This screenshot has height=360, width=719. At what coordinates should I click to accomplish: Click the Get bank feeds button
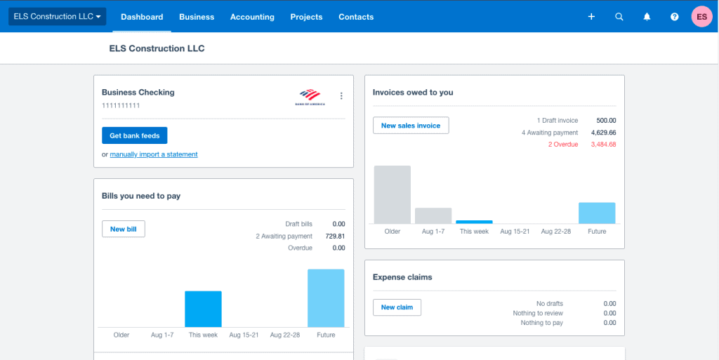pos(134,135)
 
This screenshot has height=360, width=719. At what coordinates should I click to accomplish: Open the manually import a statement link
pos(154,154)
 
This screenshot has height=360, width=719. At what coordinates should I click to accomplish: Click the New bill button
pos(123,229)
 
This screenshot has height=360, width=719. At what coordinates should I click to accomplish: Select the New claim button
pos(397,307)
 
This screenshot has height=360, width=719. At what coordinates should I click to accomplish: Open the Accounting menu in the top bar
pos(252,17)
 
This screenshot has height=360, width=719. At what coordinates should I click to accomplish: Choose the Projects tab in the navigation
pos(306,17)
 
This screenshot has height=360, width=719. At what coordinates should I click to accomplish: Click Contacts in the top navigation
pos(356,17)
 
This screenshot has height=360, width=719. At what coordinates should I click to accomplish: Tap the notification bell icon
pos(647,17)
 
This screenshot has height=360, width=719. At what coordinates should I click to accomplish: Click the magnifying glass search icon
pos(619,17)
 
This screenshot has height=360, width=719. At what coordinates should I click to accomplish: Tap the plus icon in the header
pos(591,17)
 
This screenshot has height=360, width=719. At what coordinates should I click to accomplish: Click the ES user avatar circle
pos(701,17)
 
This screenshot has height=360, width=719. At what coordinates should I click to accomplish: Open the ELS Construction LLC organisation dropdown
pos(57,16)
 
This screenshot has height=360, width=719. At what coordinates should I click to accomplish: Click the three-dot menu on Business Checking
pos(341,96)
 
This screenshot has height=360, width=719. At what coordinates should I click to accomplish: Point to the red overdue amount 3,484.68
pos(603,145)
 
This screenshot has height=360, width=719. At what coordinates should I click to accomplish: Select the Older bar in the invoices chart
pos(392,194)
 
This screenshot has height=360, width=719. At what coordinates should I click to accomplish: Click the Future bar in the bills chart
pos(326,298)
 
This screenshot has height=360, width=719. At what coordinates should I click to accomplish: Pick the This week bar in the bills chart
pos(203,309)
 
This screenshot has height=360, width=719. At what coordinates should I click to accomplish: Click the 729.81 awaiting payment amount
pos(335,236)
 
